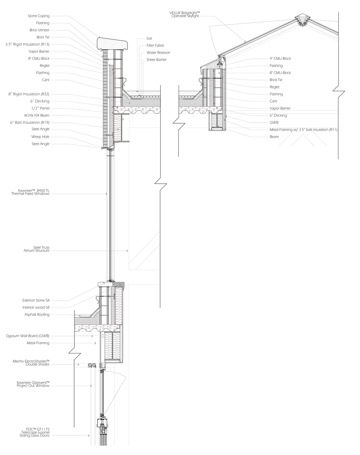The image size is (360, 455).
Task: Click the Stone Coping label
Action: click(39, 16)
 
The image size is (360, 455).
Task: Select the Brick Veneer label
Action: click(40, 30)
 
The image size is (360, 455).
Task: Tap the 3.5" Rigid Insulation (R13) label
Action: click(27, 44)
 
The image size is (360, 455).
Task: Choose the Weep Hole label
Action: click(40, 137)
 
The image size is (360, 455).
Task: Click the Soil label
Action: click(149, 38)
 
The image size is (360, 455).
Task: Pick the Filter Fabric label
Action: click(155, 45)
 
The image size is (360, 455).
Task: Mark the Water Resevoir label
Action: click(158, 53)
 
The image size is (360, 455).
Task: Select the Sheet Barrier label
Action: click(156, 60)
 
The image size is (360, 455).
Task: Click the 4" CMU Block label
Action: click(280, 58)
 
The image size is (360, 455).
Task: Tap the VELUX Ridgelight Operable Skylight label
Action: click(185, 14)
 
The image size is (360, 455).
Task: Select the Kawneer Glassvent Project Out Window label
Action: click(33, 384)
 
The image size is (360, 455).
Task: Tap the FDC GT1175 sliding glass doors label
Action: click(35, 432)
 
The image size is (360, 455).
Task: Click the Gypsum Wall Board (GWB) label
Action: click(28, 336)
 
